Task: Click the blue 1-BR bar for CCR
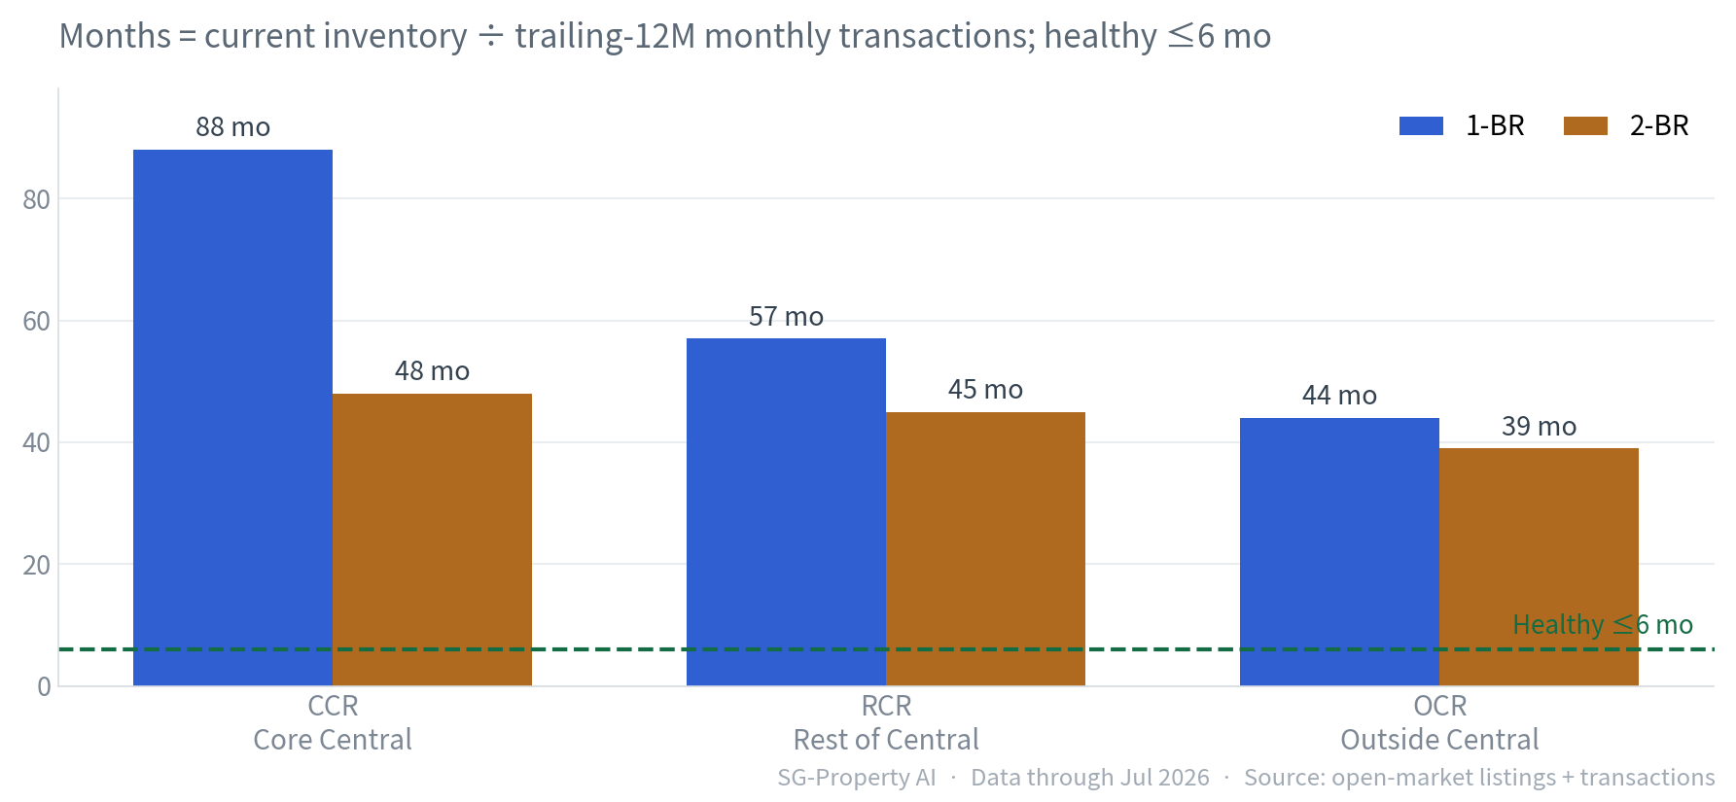[x=232, y=418]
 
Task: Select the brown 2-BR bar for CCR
[x=432, y=540]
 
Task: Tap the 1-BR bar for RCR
[x=786, y=512]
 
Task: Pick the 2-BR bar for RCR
[x=985, y=549]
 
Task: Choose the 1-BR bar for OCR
[x=1339, y=552]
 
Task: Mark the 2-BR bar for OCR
[x=1539, y=567]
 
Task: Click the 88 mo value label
[x=233, y=127]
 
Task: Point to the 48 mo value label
[x=432, y=371]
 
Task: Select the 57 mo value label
[x=786, y=317]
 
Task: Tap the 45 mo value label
[x=985, y=390]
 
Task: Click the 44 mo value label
[x=1339, y=396]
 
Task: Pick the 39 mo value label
[x=1539, y=427]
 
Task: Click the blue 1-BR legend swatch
[x=1421, y=125]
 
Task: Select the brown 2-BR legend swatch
[x=1585, y=125]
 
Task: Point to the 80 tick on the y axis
[x=36, y=199]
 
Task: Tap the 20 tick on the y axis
[x=36, y=565]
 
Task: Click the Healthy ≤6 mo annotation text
[x=1603, y=625]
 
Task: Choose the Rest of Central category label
[x=886, y=740]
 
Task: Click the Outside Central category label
[x=1439, y=740]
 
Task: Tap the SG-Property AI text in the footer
[x=856, y=778]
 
